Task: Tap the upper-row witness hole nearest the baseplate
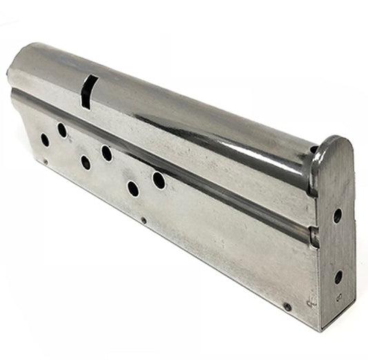click(159, 180)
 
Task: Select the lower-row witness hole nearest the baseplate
click(133, 188)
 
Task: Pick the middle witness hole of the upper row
click(106, 153)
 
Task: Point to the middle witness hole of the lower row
click(85, 162)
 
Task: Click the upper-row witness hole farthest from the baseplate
click(62, 130)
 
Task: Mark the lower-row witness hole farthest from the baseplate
click(45, 140)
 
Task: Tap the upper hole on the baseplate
click(337, 216)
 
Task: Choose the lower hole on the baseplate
click(338, 277)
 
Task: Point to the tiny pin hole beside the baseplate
click(287, 306)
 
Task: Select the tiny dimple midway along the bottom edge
click(143, 221)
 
